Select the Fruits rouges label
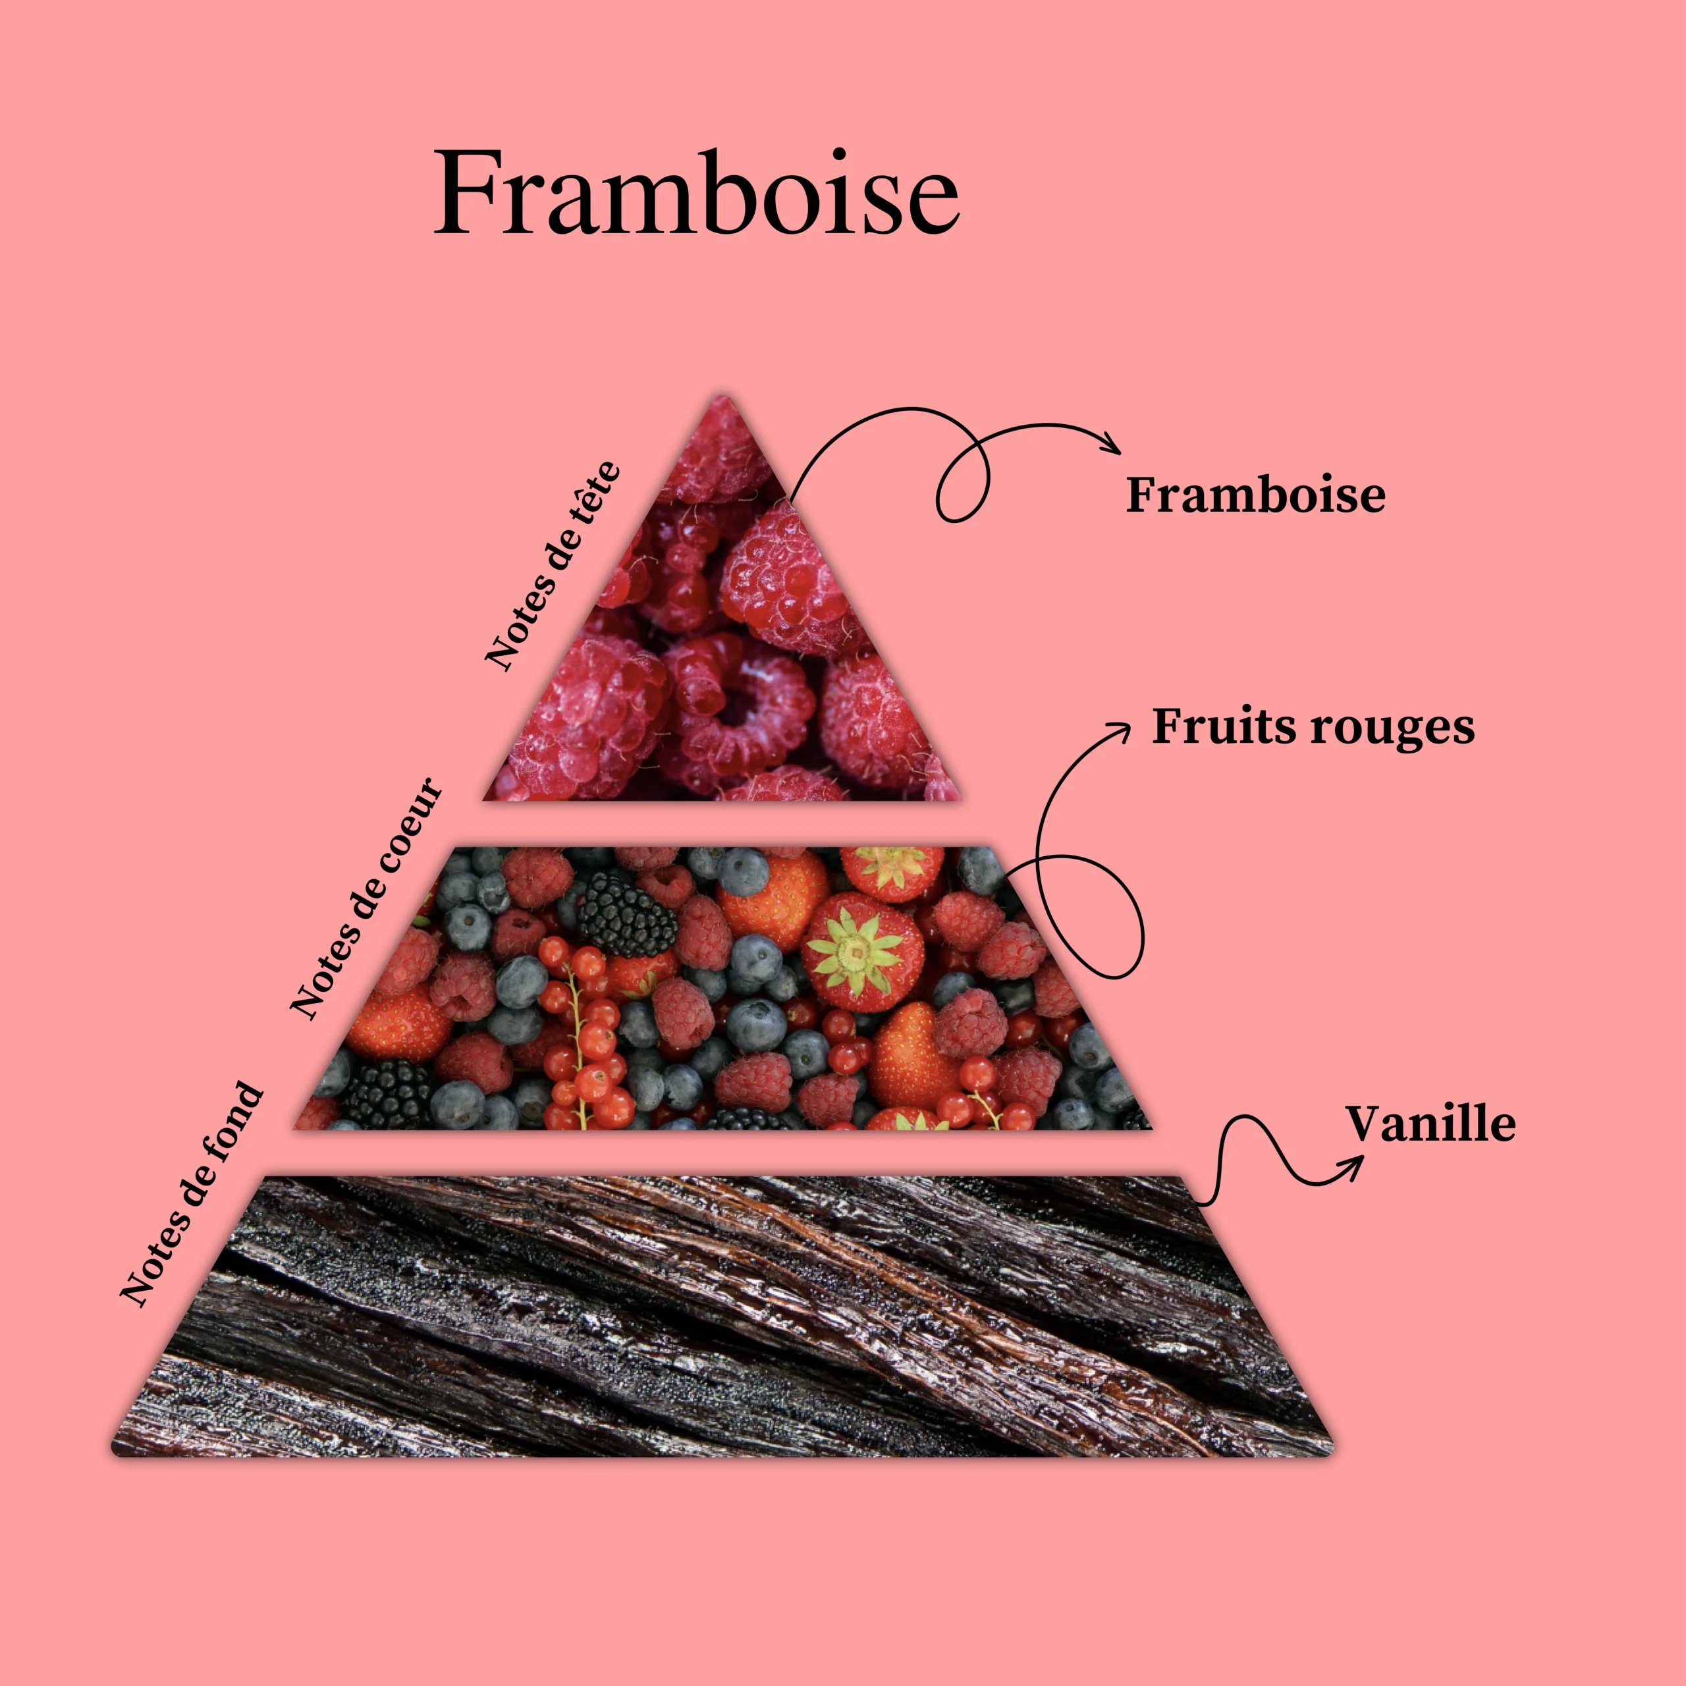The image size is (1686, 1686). (1313, 727)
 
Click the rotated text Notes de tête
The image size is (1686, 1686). (553, 566)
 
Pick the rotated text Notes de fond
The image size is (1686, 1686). (191, 1195)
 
